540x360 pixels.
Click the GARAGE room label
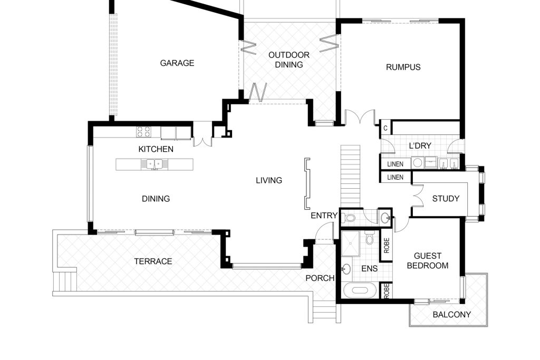pos(177,63)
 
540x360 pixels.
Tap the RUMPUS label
pos(403,67)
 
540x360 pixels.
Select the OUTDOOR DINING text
pos(289,60)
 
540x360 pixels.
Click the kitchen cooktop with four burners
pos(143,132)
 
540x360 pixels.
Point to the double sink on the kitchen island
pos(155,164)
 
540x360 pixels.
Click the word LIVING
pos(269,180)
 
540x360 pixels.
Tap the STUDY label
pos(446,199)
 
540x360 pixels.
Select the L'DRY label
pos(420,145)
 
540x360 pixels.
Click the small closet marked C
pos(385,128)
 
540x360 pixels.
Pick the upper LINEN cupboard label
pos(395,164)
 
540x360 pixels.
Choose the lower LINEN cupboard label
pos(395,177)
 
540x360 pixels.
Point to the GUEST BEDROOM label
pos(427,260)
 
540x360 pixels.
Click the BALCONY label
pos(451,314)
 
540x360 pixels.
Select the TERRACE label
pos(153,261)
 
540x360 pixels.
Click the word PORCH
pos(320,278)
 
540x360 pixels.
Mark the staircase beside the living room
pos(351,176)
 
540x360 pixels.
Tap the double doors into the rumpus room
pos(360,118)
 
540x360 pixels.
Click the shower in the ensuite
pos(350,244)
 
